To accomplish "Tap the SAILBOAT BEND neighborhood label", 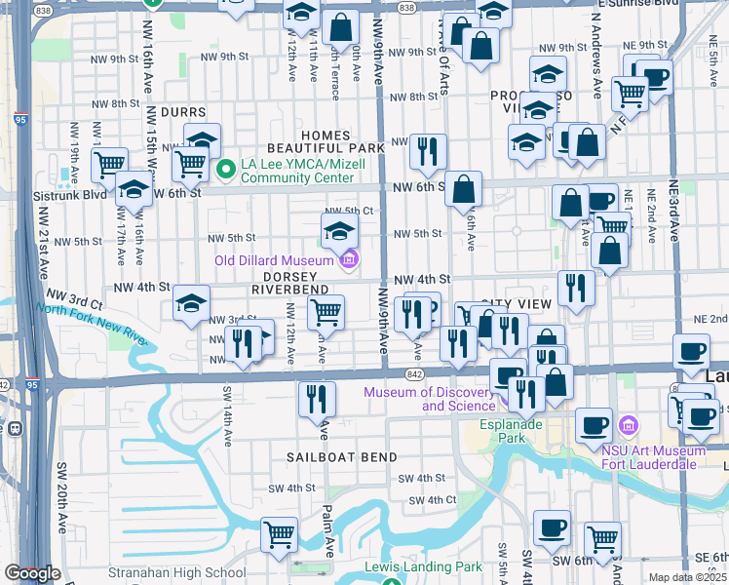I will (341, 457).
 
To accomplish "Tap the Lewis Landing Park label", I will (423, 566).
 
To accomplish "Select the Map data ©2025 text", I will (688, 577).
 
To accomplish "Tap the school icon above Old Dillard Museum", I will (339, 231).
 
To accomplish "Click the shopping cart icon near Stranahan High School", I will (279, 533).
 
